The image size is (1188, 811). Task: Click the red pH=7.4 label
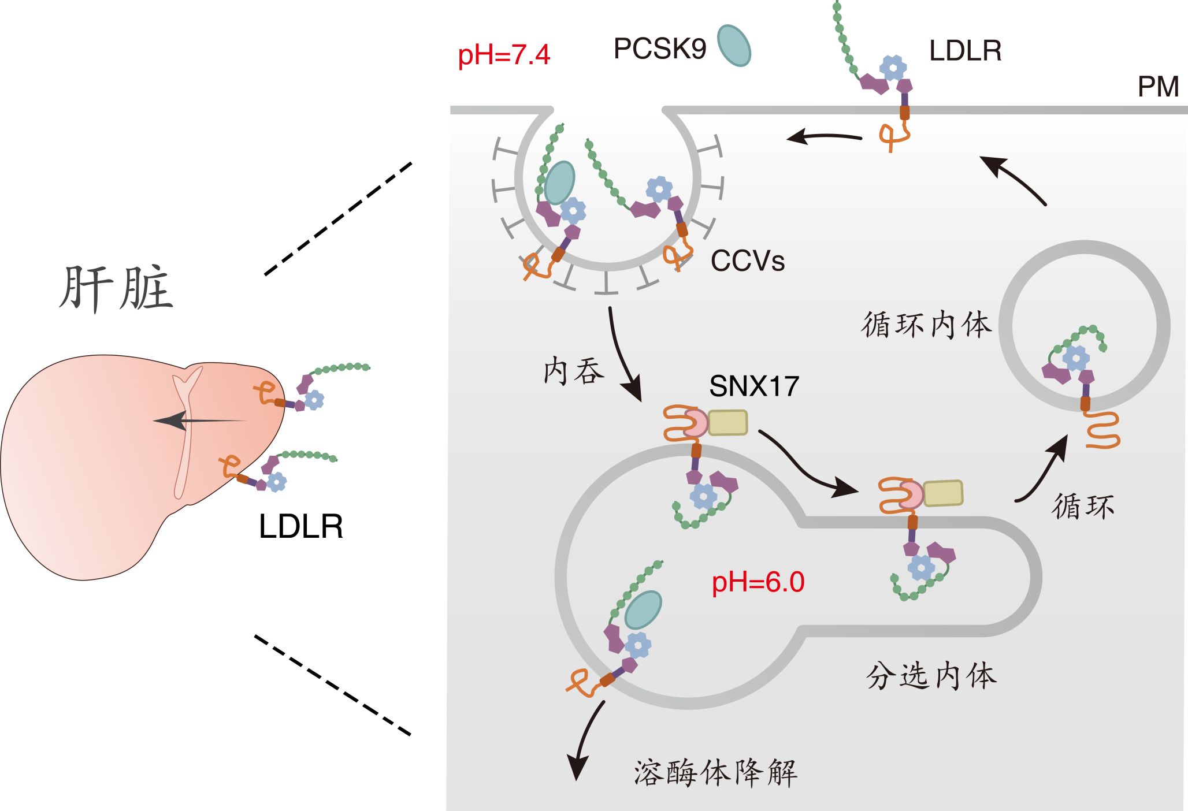503,55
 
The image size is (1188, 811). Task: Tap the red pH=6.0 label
758,582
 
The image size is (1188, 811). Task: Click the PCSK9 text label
659,49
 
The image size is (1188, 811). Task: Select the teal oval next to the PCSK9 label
734,46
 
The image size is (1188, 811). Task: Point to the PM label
1158,87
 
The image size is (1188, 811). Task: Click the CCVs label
747,261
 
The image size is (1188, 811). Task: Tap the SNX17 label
753,386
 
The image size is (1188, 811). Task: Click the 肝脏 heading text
116,289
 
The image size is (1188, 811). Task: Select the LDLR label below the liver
300,526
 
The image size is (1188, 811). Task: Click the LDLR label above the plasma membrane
965,51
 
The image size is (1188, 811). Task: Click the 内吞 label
574,371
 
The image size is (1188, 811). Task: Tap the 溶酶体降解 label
715,773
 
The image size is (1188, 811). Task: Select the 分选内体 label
931,675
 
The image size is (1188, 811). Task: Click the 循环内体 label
926,325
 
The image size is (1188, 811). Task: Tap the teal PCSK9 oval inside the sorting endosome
643,610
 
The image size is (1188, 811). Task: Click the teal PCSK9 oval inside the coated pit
559,183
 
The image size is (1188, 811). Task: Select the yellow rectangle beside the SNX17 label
727,422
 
